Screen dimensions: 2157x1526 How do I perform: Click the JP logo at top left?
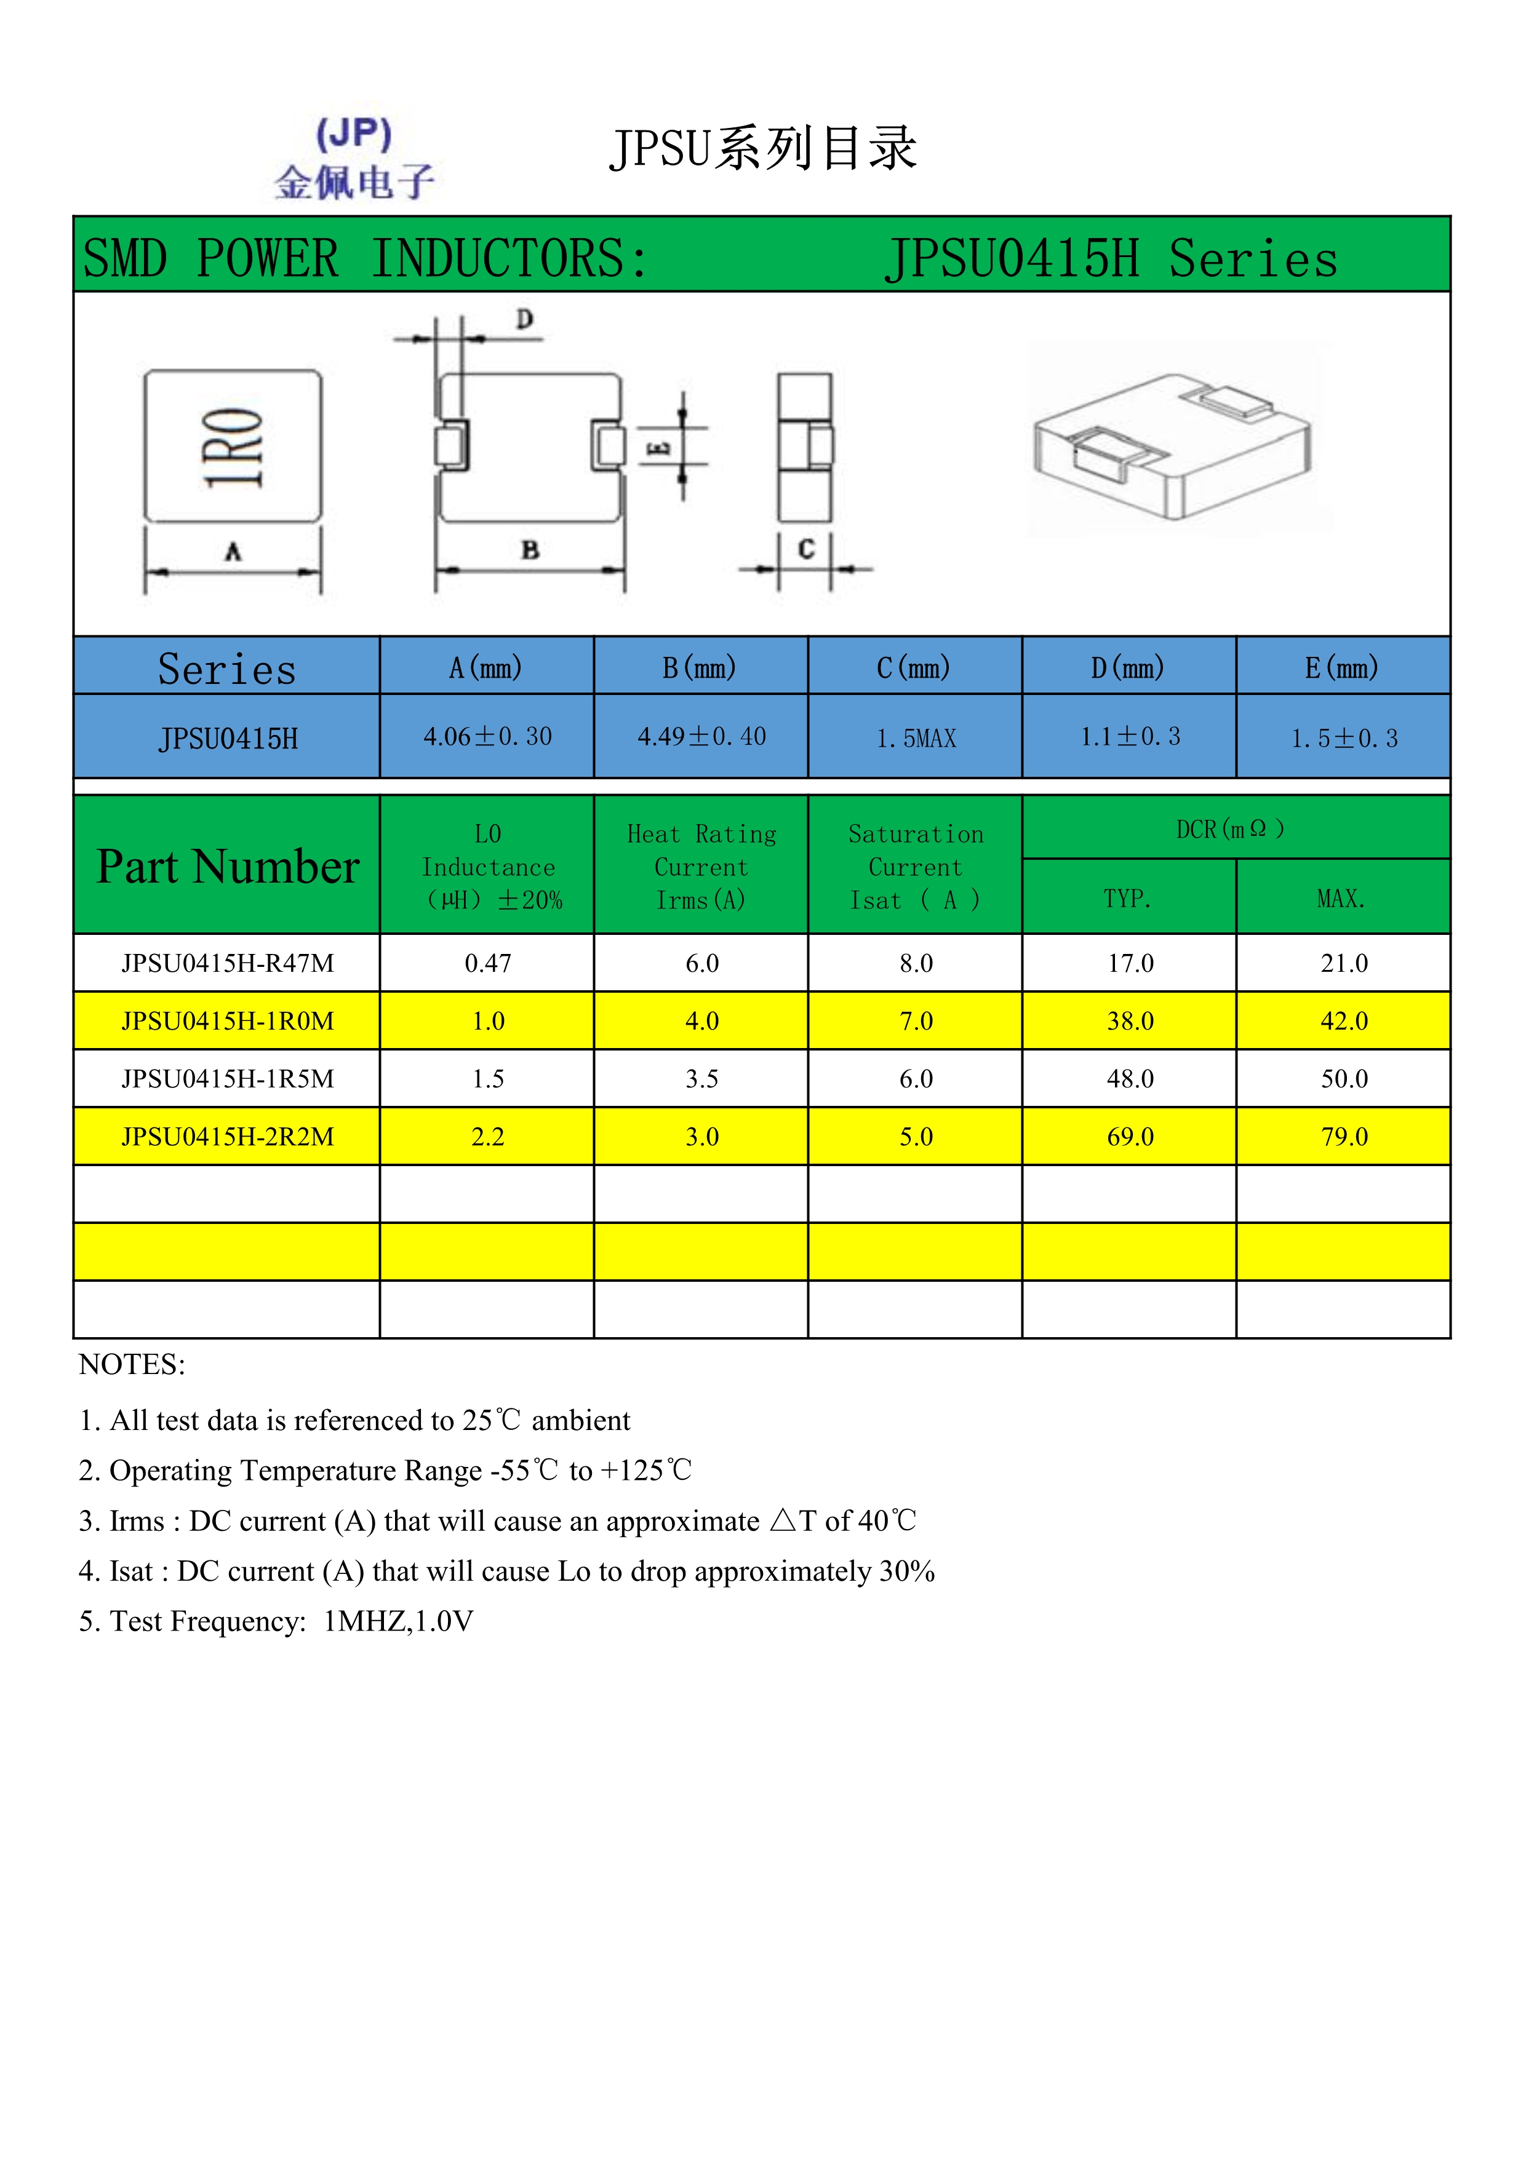(354, 159)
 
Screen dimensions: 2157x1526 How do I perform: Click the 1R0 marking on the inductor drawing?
(233, 447)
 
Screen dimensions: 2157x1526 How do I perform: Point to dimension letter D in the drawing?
(524, 319)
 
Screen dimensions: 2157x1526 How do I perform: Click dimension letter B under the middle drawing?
(530, 550)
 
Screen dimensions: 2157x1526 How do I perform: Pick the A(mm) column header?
(486, 668)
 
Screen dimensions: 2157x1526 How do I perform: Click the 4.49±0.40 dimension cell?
(701, 737)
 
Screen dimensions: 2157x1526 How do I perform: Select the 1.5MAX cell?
(915, 739)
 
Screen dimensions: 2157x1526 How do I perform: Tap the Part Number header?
(228, 866)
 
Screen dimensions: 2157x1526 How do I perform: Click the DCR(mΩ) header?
(1230, 828)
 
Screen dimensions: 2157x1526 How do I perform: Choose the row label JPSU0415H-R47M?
(228, 963)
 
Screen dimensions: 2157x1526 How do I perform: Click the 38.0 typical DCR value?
(1130, 1021)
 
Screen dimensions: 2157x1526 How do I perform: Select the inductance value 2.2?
(488, 1137)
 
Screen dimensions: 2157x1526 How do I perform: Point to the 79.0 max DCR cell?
(1344, 1137)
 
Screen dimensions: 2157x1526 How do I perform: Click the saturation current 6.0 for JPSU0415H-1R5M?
(915, 1079)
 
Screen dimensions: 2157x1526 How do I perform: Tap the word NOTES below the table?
(132, 1364)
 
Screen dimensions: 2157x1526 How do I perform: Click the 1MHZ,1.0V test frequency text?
(398, 1621)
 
